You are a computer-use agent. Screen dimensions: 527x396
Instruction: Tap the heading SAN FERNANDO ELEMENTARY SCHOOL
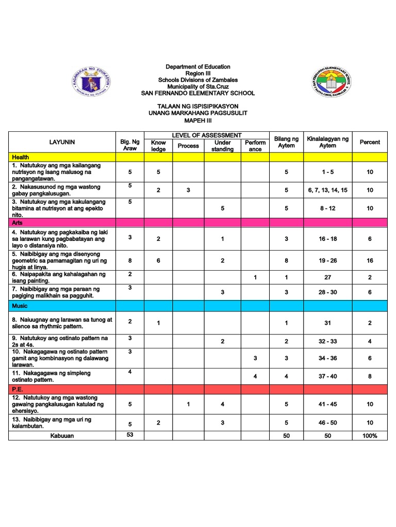(x=197, y=93)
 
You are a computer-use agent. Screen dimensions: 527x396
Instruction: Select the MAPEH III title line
(x=197, y=120)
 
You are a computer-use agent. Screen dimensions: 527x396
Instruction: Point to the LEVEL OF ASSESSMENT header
(x=206, y=135)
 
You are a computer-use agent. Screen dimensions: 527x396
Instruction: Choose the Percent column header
(x=370, y=142)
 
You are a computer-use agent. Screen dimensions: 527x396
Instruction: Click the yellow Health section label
(x=22, y=157)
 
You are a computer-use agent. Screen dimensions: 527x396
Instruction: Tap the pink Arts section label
(x=19, y=222)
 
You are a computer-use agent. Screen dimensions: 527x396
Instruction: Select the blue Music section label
(x=21, y=306)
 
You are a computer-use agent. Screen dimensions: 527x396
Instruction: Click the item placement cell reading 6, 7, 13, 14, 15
(x=327, y=190)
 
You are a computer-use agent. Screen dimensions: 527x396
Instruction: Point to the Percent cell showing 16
(x=370, y=261)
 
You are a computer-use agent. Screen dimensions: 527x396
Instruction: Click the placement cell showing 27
(x=327, y=277)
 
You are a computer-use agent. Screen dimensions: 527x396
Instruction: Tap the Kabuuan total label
(x=62, y=436)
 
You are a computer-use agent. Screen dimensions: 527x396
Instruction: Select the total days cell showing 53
(x=130, y=435)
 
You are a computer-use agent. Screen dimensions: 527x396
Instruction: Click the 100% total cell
(x=370, y=436)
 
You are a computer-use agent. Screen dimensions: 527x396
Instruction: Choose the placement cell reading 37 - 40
(x=327, y=376)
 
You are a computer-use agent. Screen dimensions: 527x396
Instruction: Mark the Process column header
(x=188, y=146)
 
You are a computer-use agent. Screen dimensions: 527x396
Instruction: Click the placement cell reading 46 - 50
(x=327, y=423)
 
